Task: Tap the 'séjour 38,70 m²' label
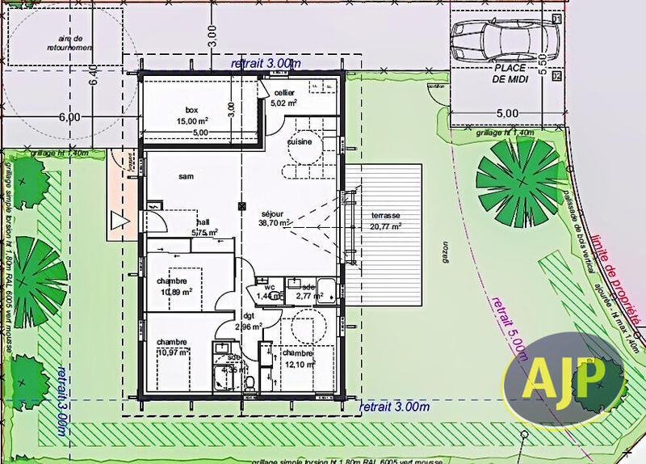coord(274,218)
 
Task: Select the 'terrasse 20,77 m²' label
coord(385,221)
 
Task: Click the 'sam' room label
coord(186,175)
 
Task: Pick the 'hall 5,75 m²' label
coord(202,227)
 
